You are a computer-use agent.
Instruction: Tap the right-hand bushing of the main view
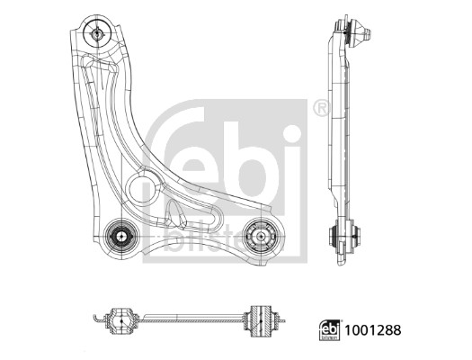click(263, 236)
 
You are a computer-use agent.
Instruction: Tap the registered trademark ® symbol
click(320, 109)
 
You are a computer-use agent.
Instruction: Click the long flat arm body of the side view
click(337, 135)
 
